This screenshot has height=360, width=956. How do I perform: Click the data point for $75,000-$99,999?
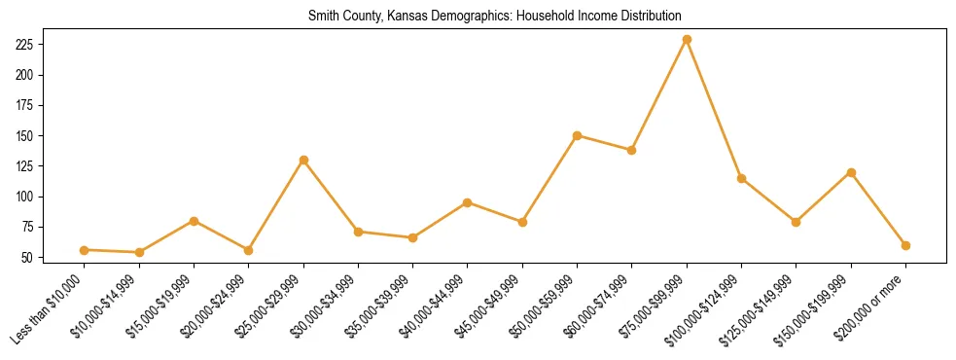coord(687,39)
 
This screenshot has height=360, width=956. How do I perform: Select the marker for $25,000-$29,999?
coord(303,160)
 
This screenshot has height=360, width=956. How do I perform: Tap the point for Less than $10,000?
coord(85,250)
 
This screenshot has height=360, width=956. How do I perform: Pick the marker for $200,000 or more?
coord(905,245)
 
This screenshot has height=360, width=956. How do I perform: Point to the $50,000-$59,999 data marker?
coord(578,135)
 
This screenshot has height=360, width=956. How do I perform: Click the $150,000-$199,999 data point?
coord(851,172)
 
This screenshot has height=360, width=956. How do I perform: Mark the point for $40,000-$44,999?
coord(468,202)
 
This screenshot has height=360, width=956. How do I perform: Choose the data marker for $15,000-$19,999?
coord(195,221)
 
